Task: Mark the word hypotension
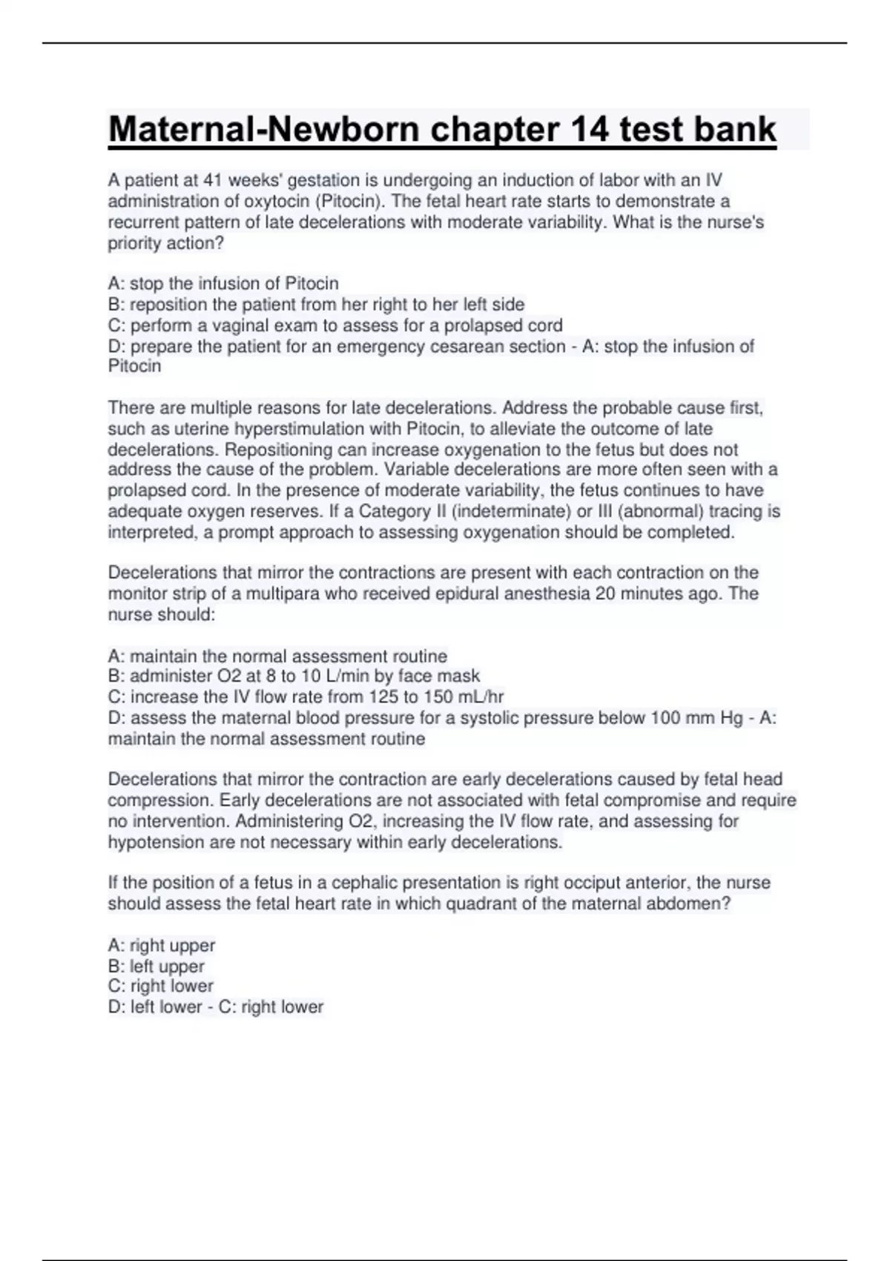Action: (x=153, y=843)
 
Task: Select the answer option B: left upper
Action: (x=156, y=967)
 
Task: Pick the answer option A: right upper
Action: (x=161, y=946)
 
